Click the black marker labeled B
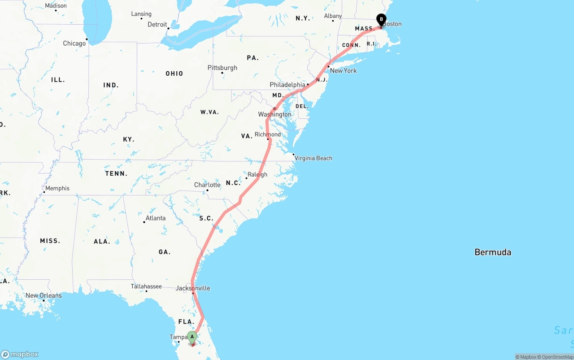coord(381,20)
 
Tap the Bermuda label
coord(492,252)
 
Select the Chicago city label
coord(74,43)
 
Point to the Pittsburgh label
coord(222,68)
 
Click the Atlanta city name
coord(155,218)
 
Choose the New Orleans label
coord(43,295)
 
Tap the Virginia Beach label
coord(313,158)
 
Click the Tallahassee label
coord(146,286)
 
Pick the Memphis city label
coord(57,188)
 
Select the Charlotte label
coord(207,185)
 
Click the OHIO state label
coord(174,74)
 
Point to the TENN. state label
coord(116,173)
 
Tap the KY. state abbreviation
coord(129,139)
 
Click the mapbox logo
coord(20,354)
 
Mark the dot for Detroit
coord(169,28)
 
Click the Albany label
coord(333,16)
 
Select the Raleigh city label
coord(257,174)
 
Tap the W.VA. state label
coord(209,112)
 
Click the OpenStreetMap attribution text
coord(556,357)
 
